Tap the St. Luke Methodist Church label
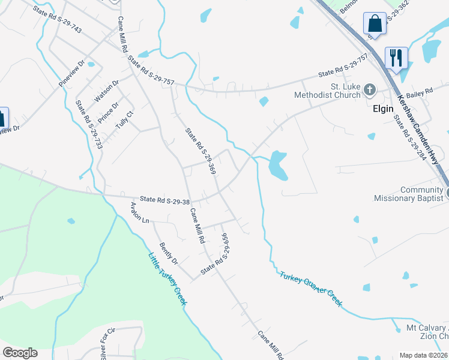coord(327,90)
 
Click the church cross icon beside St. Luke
coord(370,91)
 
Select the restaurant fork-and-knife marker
coord(396,58)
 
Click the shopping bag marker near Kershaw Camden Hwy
coord(375,24)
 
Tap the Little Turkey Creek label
coord(167,279)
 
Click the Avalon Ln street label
coord(139,212)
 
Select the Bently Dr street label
coord(169,253)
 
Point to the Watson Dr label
coord(107,91)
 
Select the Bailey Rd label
coord(419,92)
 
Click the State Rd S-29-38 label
coord(164,200)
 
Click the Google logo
coord(20,353)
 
